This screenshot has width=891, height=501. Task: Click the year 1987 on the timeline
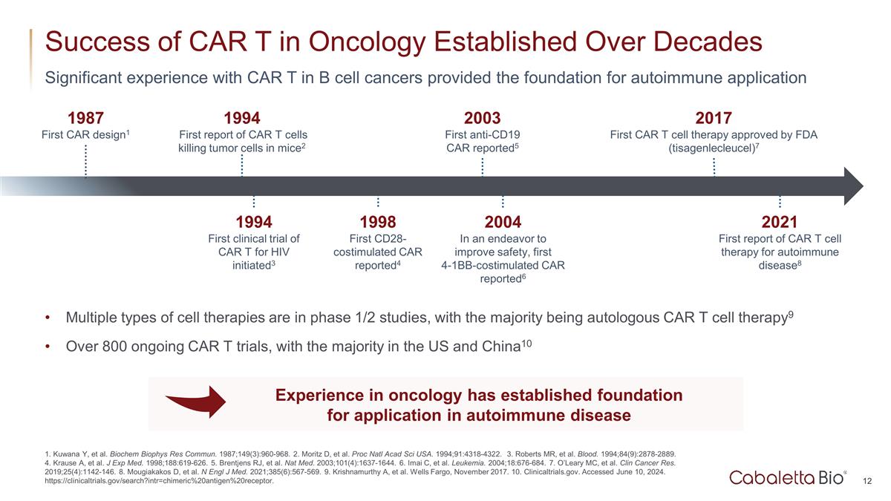click(x=85, y=118)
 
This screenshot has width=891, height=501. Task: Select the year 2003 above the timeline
click(x=482, y=118)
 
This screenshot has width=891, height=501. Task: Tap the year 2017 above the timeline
click(x=714, y=118)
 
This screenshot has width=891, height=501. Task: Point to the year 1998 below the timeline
click(x=377, y=222)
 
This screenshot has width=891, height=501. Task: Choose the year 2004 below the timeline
click(x=503, y=222)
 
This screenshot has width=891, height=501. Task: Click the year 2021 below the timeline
click(x=780, y=222)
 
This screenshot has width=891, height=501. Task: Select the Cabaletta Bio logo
click(x=787, y=477)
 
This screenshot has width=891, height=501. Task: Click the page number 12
click(x=867, y=482)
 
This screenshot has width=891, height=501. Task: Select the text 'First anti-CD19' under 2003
click(x=482, y=134)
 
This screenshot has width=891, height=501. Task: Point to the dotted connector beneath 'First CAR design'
click(x=85, y=161)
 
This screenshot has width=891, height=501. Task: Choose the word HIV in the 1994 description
click(x=278, y=252)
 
